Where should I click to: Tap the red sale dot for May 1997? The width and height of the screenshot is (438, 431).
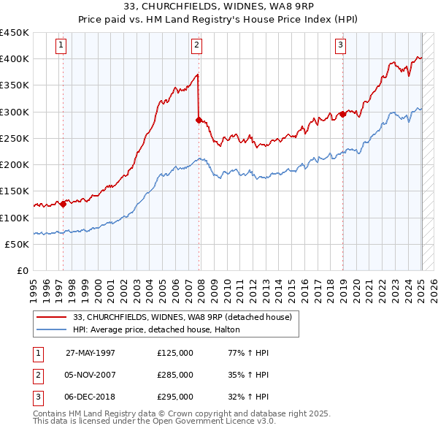[x=64, y=205]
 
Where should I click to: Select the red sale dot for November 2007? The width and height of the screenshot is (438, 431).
[x=199, y=120]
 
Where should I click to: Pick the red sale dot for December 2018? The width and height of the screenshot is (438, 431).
[x=342, y=114]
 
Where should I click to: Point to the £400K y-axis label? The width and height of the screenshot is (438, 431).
[x=15, y=58]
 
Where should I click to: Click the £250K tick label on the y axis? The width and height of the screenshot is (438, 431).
[x=15, y=138]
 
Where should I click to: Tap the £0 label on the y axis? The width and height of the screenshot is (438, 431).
[x=22, y=270]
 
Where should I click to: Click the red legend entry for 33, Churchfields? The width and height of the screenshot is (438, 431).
[x=182, y=317]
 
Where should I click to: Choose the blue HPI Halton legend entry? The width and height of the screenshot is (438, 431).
[x=161, y=330]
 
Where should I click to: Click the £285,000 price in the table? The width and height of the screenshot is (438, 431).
[x=175, y=375]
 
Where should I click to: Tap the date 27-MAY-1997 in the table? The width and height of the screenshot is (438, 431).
[x=91, y=353]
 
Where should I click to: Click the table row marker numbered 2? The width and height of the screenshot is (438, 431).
[x=37, y=375]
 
